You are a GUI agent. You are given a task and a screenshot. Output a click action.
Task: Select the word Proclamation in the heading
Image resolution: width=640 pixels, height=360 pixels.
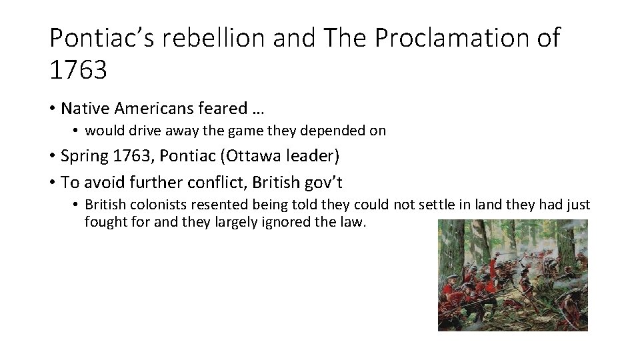(451, 39)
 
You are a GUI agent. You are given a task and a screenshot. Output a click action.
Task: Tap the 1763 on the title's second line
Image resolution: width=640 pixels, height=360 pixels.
(78, 69)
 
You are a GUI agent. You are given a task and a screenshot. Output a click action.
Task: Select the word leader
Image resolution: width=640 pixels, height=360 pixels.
(313, 157)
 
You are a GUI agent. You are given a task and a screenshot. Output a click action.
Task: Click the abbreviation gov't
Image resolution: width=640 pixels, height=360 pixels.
(333, 181)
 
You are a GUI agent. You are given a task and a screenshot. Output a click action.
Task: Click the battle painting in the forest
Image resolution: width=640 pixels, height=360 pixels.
(513, 275)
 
